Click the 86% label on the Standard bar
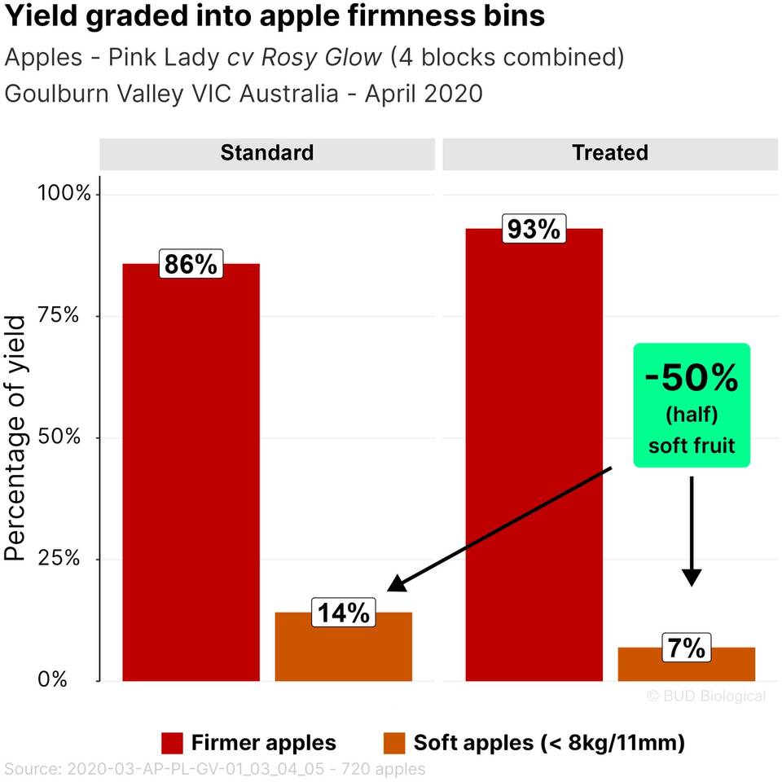[x=191, y=265]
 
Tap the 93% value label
[x=534, y=230]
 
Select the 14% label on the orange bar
[x=343, y=613]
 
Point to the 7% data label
[x=687, y=648]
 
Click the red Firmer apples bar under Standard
[x=191, y=472]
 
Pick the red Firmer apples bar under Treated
[x=534, y=456]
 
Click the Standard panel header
[x=267, y=153]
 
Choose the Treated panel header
[x=610, y=153]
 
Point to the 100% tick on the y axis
[x=64, y=194]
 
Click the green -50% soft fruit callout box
[x=692, y=405]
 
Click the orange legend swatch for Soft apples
[x=394, y=743]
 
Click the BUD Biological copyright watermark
[x=706, y=696]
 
